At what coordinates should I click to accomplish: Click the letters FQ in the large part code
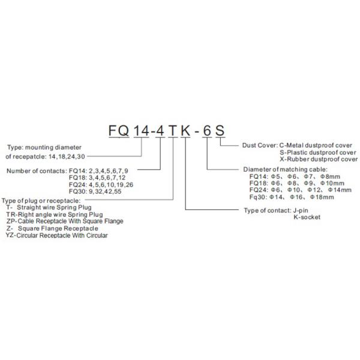(x=118, y=130)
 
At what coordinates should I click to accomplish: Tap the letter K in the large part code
(x=186, y=130)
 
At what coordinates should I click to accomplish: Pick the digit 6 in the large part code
(x=208, y=130)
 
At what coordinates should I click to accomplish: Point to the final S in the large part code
(x=221, y=130)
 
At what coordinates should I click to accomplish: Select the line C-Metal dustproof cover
(x=318, y=145)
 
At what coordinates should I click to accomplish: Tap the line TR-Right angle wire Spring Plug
(x=54, y=214)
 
